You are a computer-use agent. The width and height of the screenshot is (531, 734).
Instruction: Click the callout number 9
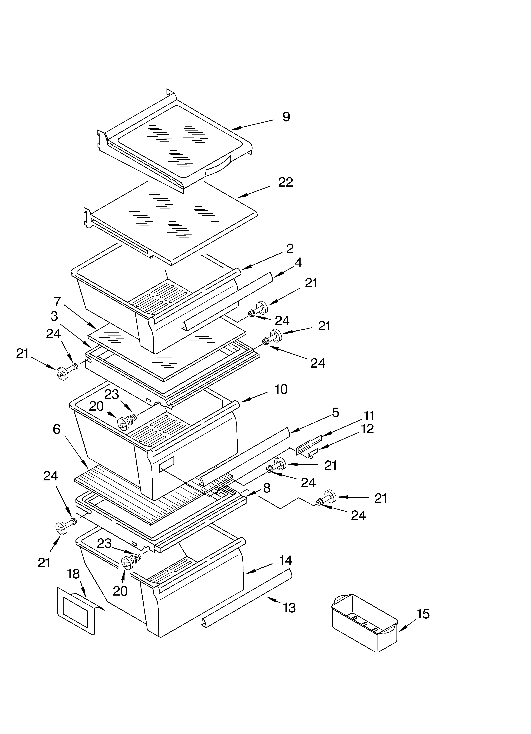[286, 117]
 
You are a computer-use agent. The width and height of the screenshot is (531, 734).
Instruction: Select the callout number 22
[285, 182]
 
